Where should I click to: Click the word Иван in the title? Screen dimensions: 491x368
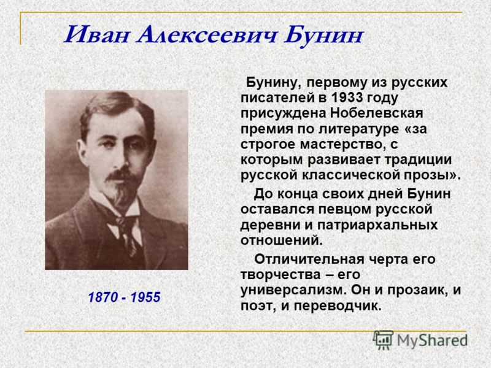(96, 34)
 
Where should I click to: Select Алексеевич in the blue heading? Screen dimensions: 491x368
(207, 34)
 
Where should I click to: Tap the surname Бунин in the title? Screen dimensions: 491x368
(323, 36)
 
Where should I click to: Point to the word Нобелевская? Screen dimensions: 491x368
(376, 113)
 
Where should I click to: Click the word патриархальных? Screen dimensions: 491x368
(377, 225)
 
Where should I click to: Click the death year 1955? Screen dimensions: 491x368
(145, 297)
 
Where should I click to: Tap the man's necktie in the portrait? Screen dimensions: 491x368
(128, 231)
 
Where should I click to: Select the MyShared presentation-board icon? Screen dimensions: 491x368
(382, 340)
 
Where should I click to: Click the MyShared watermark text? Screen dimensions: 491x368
(432, 340)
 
